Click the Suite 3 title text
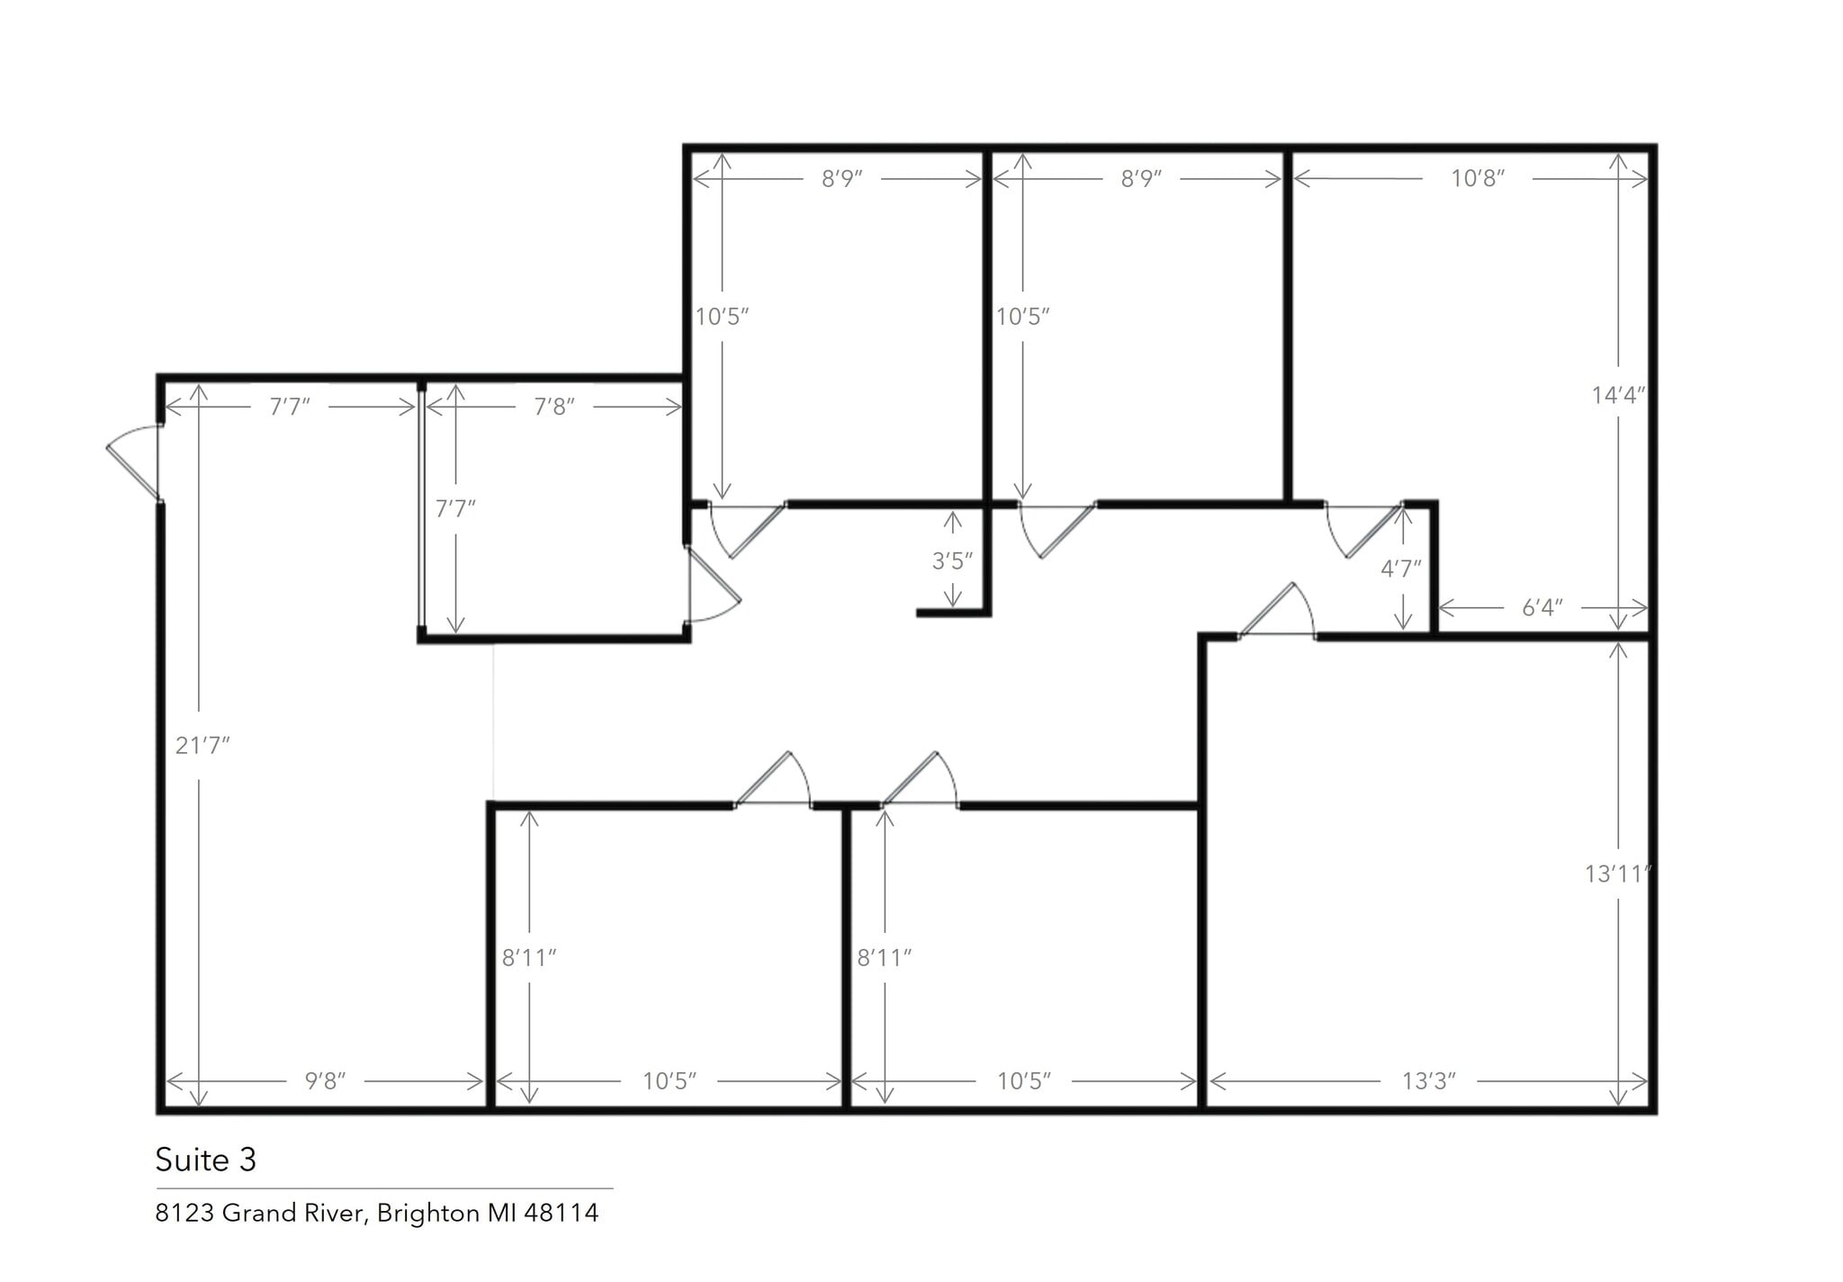point(205,1160)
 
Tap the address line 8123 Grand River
point(376,1214)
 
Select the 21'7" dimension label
point(202,745)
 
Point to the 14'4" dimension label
point(1618,395)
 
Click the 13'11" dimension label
point(1618,874)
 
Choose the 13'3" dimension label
point(1428,1080)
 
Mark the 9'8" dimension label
point(325,1080)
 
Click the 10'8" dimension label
point(1478,178)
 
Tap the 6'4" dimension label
point(1542,608)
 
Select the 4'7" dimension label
point(1401,569)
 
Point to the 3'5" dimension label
point(952,561)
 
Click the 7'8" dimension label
point(553,407)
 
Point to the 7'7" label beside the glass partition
point(455,509)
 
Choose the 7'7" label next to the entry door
point(290,407)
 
